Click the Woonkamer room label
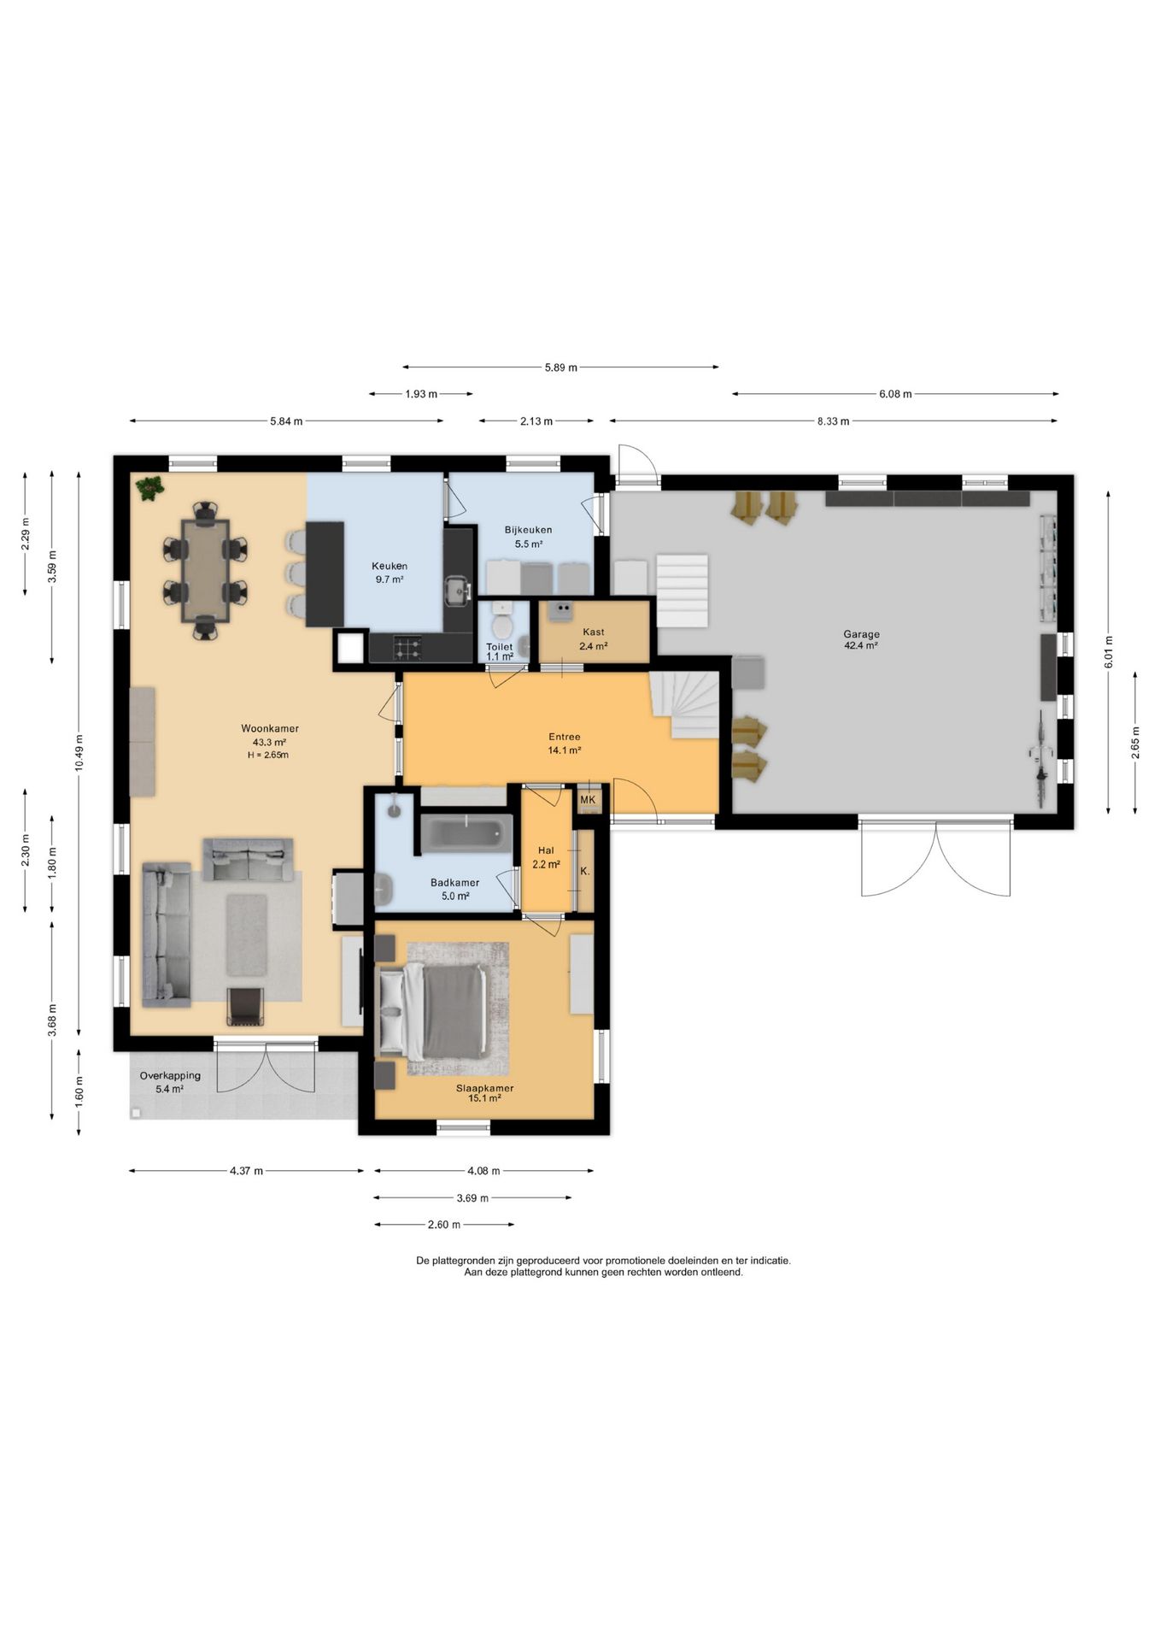pyautogui.click(x=269, y=729)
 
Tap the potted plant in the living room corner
pyautogui.click(x=150, y=488)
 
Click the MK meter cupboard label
pyautogui.click(x=588, y=800)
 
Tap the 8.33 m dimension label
pyautogui.click(x=833, y=421)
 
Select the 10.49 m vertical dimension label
pyautogui.click(x=79, y=753)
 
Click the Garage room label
pyautogui.click(x=861, y=634)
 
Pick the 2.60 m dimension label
pyautogui.click(x=443, y=1225)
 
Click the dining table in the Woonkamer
pyautogui.click(x=206, y=570)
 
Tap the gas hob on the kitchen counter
pyautogui.click(x=407, y=648)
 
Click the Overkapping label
pyautogui.click(x=170, y=1076)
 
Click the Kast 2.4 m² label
pyautogui.click(x=593, y=639)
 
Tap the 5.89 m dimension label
pyautogui.click(x=560, y=368)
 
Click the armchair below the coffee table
pyautogui.click(x=245, y=1006)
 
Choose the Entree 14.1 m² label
pyautogui.click(x=565, y=743)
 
